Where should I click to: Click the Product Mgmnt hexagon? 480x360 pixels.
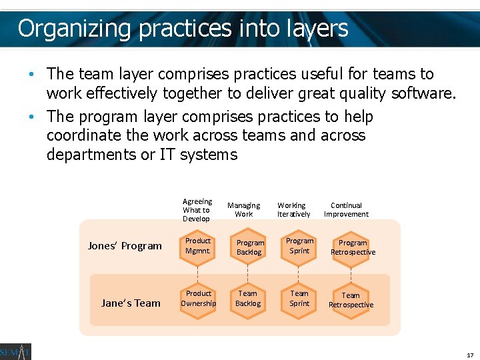198,246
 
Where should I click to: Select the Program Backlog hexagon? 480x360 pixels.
250,247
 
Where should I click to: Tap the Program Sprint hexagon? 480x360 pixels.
299,246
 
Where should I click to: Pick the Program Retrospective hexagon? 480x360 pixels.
352,247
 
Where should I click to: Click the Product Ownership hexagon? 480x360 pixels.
198,299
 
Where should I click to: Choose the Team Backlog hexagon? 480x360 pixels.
247,299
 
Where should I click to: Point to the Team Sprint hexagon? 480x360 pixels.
299,299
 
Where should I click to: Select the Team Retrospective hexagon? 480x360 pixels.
351,300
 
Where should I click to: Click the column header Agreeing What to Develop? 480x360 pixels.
197,210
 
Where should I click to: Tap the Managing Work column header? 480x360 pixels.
244,210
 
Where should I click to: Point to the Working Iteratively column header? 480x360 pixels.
293,210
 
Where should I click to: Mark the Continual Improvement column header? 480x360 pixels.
346,210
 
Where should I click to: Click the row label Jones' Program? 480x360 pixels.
125,246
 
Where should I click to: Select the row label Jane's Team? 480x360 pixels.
131,303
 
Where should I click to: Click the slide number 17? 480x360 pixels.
469,355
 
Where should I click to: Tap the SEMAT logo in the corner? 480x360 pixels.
15,351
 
